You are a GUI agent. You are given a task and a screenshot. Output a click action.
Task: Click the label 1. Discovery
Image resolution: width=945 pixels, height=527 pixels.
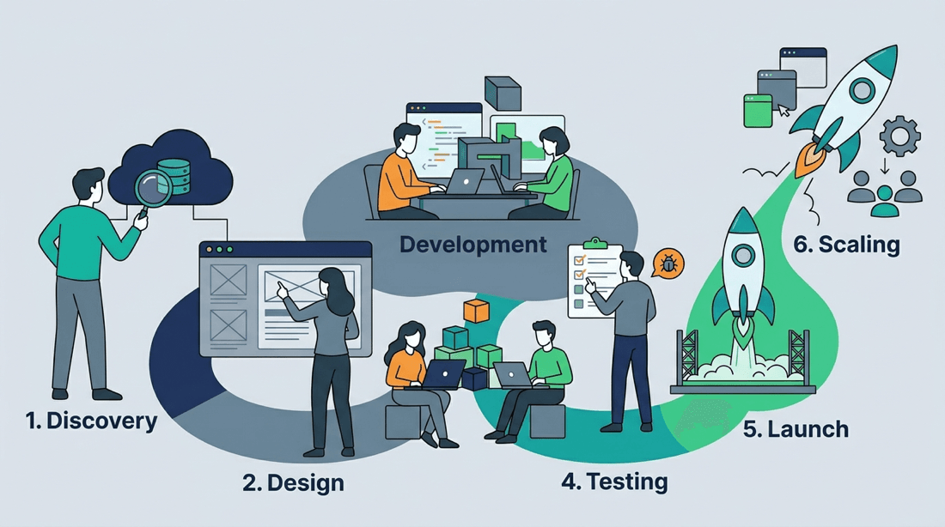(x=91, y=421)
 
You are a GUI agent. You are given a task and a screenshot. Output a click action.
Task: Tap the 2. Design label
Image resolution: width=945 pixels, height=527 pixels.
(x=293, y=483)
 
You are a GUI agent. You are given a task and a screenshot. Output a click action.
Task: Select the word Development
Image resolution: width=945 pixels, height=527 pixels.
(x=473, y=245)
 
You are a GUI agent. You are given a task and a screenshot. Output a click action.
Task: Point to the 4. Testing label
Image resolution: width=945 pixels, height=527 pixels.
(x=614, y=482)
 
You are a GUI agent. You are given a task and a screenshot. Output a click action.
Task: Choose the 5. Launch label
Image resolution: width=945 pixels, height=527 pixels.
(x=796, y=429)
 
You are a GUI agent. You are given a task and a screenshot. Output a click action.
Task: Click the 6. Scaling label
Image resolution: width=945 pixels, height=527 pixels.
(x=846, y=245)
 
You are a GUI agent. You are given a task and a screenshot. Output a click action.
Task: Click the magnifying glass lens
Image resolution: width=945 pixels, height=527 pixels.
(x=153, y=188)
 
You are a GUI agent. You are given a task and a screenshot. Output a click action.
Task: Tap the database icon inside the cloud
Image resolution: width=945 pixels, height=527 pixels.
(x=174, y=176)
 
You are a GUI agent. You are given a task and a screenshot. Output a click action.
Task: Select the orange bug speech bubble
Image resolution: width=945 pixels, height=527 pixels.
(x=668, y=263)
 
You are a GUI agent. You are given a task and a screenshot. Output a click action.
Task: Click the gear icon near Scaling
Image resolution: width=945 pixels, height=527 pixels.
(x=899, y=136)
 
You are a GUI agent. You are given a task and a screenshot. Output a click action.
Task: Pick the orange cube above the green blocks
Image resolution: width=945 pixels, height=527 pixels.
(x=476, y=311)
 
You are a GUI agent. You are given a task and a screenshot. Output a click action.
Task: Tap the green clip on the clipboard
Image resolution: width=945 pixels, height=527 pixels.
(x=594, y=243)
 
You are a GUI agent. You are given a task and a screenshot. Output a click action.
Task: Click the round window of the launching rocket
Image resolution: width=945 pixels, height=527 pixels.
(x=743, y=255)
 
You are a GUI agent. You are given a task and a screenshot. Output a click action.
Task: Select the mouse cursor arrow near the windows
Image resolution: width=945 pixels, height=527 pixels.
(x=783, y=110)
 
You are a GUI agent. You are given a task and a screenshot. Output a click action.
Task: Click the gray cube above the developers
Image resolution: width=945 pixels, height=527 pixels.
(x=503, y=94)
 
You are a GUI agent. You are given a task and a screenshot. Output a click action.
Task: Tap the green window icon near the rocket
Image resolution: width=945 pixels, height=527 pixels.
(x=758, y=111)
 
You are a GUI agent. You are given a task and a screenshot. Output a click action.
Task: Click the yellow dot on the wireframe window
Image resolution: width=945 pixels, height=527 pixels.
(x=209, y=250)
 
